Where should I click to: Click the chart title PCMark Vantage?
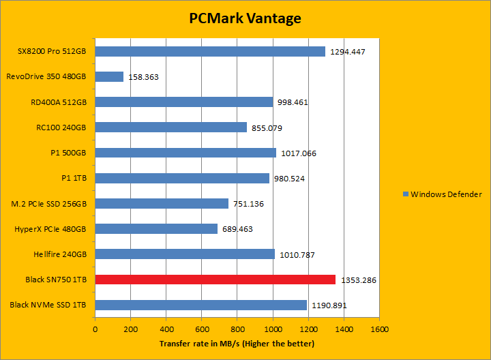tap(245, 18)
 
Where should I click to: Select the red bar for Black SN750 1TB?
tap(215, 280)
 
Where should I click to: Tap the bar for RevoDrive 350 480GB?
tap(109, 76)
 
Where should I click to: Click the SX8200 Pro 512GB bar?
tap(210, 51)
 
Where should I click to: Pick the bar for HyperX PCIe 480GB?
tap(156, 228)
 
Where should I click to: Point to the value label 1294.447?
tap(352, 52)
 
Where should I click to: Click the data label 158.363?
tap(143, 77)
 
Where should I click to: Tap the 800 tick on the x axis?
tap(237, 329)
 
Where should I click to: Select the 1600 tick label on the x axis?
tap(379, 329)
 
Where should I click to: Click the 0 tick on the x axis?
tap(95, 329)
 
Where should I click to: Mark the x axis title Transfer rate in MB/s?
tap(237, 344)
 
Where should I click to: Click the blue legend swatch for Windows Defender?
tap(405, 194)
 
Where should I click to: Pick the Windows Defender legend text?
tap(446, 194)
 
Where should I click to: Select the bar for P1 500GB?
tap(185, 153)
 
